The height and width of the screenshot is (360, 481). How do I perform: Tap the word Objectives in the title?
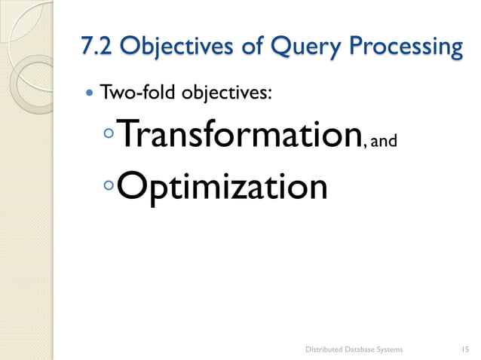pyautogui.click(x=167, y=47)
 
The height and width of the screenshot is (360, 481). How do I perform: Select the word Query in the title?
pyautogui.click(x=291, y=48)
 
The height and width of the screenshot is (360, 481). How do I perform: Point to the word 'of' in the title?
pyautogui.click(x=237, y=47)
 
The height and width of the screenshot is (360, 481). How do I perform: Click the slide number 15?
pyautogui.click(x=464, y=349)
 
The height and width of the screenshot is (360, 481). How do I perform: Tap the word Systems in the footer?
pyautogui.click(x=391, y=349)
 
